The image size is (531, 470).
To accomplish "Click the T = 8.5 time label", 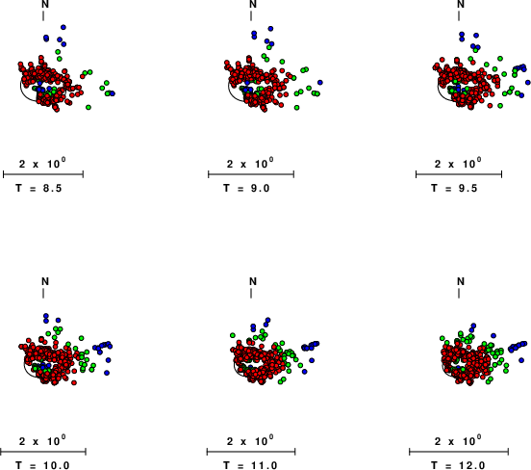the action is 38,188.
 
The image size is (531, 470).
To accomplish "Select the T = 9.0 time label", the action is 246,188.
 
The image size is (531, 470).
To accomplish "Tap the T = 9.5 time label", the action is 454,188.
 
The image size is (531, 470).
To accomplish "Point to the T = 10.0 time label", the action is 42,465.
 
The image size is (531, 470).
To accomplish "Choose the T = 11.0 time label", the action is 250,465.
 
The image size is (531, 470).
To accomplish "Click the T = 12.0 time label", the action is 458,465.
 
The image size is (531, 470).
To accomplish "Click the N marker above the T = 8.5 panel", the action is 45,4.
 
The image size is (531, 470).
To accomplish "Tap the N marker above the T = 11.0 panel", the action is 253,281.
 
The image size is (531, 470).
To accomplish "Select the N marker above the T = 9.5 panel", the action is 461,4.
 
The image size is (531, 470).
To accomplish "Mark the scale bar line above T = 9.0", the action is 251,174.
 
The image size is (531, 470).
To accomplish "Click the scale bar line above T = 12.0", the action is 459,452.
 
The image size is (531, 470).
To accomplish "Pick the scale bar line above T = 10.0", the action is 43,452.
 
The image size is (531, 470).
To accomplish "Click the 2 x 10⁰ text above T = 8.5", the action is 42,164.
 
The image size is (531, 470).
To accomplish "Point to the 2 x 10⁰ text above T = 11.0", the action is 250,440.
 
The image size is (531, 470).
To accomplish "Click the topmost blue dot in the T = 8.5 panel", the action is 63,27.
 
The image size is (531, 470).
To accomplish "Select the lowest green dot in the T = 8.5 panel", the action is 88,107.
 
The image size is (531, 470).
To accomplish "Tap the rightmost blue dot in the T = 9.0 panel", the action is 320,83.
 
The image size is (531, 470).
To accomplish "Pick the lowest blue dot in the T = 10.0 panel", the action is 107,373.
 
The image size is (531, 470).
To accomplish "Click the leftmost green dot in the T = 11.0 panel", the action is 233,335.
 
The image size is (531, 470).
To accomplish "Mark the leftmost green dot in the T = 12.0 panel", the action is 442,338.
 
